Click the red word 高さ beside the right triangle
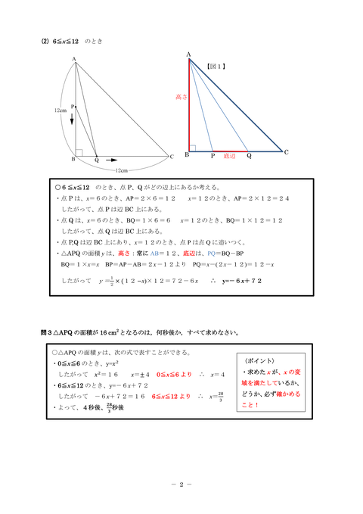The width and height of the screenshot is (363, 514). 180,97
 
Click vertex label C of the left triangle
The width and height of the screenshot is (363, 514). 172,157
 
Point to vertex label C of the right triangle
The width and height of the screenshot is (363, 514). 287,152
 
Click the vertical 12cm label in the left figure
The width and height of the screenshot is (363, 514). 59,110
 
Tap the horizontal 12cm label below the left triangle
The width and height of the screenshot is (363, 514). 122,170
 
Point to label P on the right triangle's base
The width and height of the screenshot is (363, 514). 213,156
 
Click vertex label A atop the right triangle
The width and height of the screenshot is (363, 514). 188,52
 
